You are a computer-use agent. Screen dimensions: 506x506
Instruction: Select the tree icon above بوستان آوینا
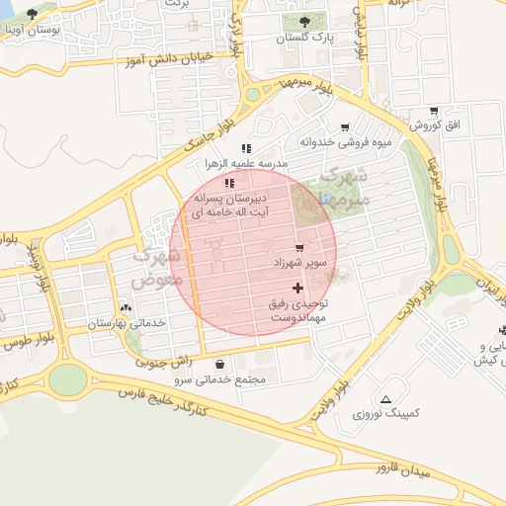[x=32, y=15]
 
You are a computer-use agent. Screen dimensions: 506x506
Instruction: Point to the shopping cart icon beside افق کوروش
[x=434, y=111]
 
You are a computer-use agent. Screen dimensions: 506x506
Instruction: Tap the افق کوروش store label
[x=441, y=126]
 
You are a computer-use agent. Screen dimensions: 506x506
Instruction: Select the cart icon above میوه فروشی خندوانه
[x=344, y=127]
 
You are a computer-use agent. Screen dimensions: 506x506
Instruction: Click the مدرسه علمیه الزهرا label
[x=246, y=163]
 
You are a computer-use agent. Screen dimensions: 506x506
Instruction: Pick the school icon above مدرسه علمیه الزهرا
[x=245, y=148]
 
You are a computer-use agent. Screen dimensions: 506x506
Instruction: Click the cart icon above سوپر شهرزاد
[x=298, y=247]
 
